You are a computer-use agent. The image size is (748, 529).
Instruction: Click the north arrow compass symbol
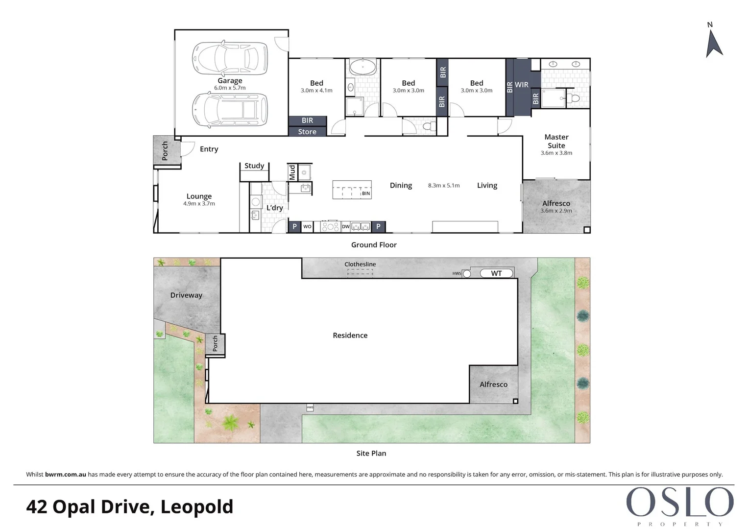[x=713, y=43]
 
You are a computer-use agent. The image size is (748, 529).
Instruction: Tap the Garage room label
[x=230, y=81]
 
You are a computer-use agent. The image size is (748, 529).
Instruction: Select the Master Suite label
[x=556, y=141]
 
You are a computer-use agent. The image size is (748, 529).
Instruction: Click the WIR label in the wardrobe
[x=521, y=85]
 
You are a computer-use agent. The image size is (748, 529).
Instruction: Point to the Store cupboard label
[x=307, y=132]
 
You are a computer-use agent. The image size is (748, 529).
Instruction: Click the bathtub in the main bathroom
[x=363, y=67]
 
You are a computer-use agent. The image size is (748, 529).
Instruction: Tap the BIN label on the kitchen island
[x=366, y=193]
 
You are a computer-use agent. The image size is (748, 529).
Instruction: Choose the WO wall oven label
[x=307, y=227]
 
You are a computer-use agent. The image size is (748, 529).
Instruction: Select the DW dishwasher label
[x=346, y=227]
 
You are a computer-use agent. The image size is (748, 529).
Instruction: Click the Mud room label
[x=292, y=172]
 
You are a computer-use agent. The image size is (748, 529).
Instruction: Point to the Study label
[x=254, y=166]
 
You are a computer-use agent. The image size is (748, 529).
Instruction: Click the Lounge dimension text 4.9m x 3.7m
[x=199, y=204]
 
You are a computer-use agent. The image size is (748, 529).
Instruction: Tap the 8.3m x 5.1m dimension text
[x=444, y=186]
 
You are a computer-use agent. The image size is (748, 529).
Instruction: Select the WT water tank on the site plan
[x=496, y=273]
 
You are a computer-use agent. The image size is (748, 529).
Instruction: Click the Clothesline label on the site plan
[x=360, y=264]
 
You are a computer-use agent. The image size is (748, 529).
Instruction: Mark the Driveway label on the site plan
[x=186, y=295]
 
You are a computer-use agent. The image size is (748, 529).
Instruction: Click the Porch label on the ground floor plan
[x=165, y=151]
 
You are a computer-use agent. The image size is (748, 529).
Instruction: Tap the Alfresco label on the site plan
[x=493, y=385]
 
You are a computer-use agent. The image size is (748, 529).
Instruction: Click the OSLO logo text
[x=679, y=503]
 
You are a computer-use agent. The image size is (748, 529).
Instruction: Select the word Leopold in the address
[x=197, y=506]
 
